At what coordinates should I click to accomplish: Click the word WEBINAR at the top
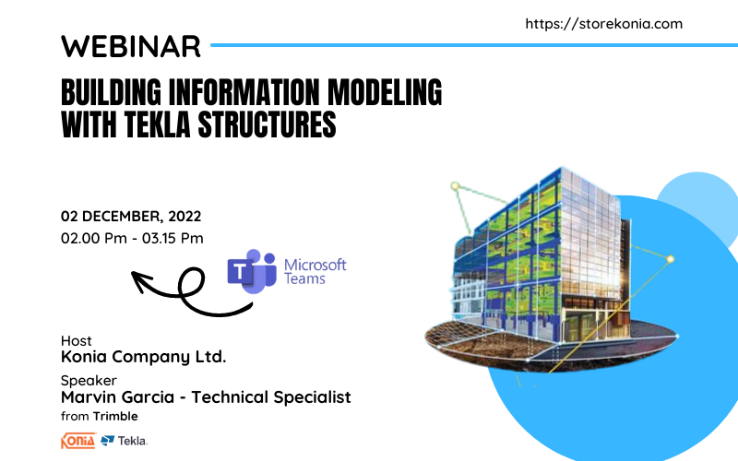click(x=131, y=46)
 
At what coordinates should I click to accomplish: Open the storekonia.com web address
click(x=604, y=24)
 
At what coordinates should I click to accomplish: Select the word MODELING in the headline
click(x=385, y=91)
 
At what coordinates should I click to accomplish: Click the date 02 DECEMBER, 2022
click(x=131, y=217)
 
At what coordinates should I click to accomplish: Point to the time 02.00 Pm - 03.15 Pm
click(x=132, y=238)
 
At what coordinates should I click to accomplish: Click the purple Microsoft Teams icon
click(x=252, y=271)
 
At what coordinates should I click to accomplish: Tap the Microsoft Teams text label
click(x=315, y=271)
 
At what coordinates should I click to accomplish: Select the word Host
click(x=77, y=340)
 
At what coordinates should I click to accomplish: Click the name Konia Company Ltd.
click(x=144, y=357)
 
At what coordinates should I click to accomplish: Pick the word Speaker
click(x=89, y=381)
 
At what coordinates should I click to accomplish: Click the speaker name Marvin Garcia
click(x=118, y=397)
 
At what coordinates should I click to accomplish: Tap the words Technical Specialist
click(x=271, y=397)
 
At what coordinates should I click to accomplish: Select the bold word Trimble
click(x=115, y=417)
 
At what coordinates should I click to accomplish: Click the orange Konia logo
click(x=78, y=441)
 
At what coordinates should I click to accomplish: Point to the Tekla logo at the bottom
click(x=125, y=441)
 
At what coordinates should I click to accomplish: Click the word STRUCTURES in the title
click(x=267, y=124)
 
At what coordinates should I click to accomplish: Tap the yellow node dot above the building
click(x=455, y=186)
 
